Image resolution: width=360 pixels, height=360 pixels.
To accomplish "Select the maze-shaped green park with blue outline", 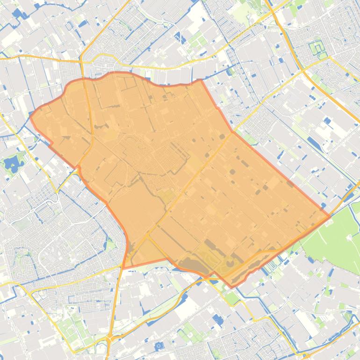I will [318, 48].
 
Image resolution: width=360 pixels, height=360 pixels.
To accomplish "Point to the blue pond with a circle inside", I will [158, 346].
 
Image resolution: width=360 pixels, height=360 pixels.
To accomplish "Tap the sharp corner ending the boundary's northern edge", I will [201, 80].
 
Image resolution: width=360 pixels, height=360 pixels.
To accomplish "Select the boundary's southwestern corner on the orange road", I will [123, 267].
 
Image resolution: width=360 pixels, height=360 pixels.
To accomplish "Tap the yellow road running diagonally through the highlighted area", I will [196, 178].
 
